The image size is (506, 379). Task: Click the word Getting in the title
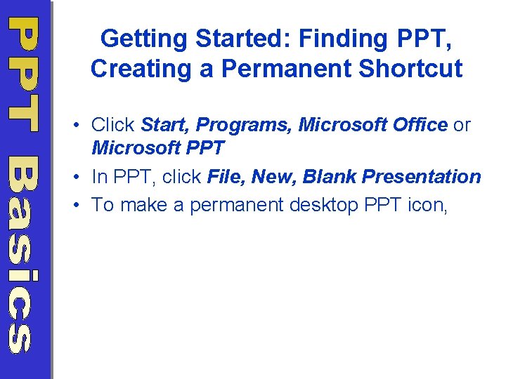[143, 39]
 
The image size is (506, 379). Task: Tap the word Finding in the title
[343, 39]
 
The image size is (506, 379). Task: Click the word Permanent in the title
[286, 68]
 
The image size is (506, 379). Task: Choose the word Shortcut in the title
[411, 68]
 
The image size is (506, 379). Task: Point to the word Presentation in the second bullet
[422, 177]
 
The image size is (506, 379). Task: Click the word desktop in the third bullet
[324, 205]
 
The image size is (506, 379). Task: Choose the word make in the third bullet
[143, 205]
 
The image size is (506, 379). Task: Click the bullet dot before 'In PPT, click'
[76, 177]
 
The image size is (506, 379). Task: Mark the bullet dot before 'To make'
[76, 205]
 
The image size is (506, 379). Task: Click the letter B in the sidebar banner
[23, 175]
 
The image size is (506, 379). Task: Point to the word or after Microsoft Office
[462, 126]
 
